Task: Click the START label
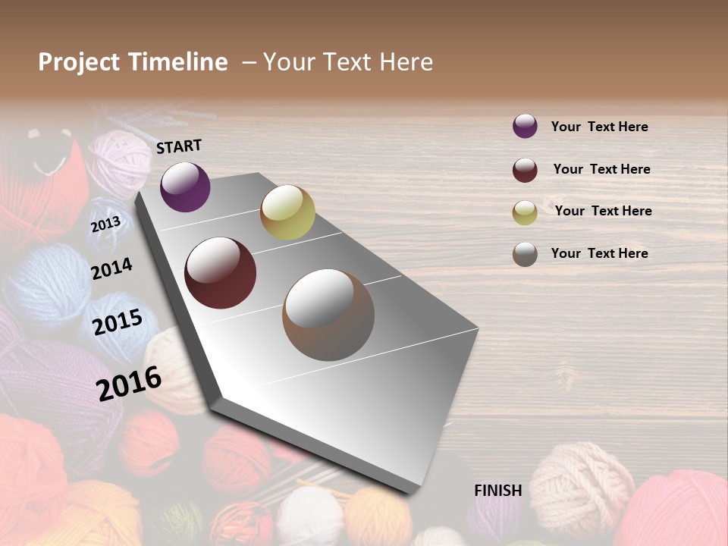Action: pos(179,146)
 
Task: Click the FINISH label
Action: pos(497,491)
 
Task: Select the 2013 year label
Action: pos(105,224)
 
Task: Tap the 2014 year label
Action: pos(111,268)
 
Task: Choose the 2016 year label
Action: pos(129,383)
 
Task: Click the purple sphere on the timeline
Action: pos(185,187)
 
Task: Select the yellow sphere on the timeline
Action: pos(287,212)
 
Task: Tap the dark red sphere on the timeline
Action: pos(220,273)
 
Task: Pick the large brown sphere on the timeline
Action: pos(328,315)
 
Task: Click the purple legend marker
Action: pos(525,127)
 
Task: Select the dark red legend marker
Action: pos(525,170)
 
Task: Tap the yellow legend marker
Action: pos(525,212)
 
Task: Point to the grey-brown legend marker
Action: pos(525,254)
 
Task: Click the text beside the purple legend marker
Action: pos(599,127)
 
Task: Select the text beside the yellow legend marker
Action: pos(603,211)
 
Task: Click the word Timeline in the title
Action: pos(178,62)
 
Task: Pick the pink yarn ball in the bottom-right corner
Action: pos(679,508)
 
